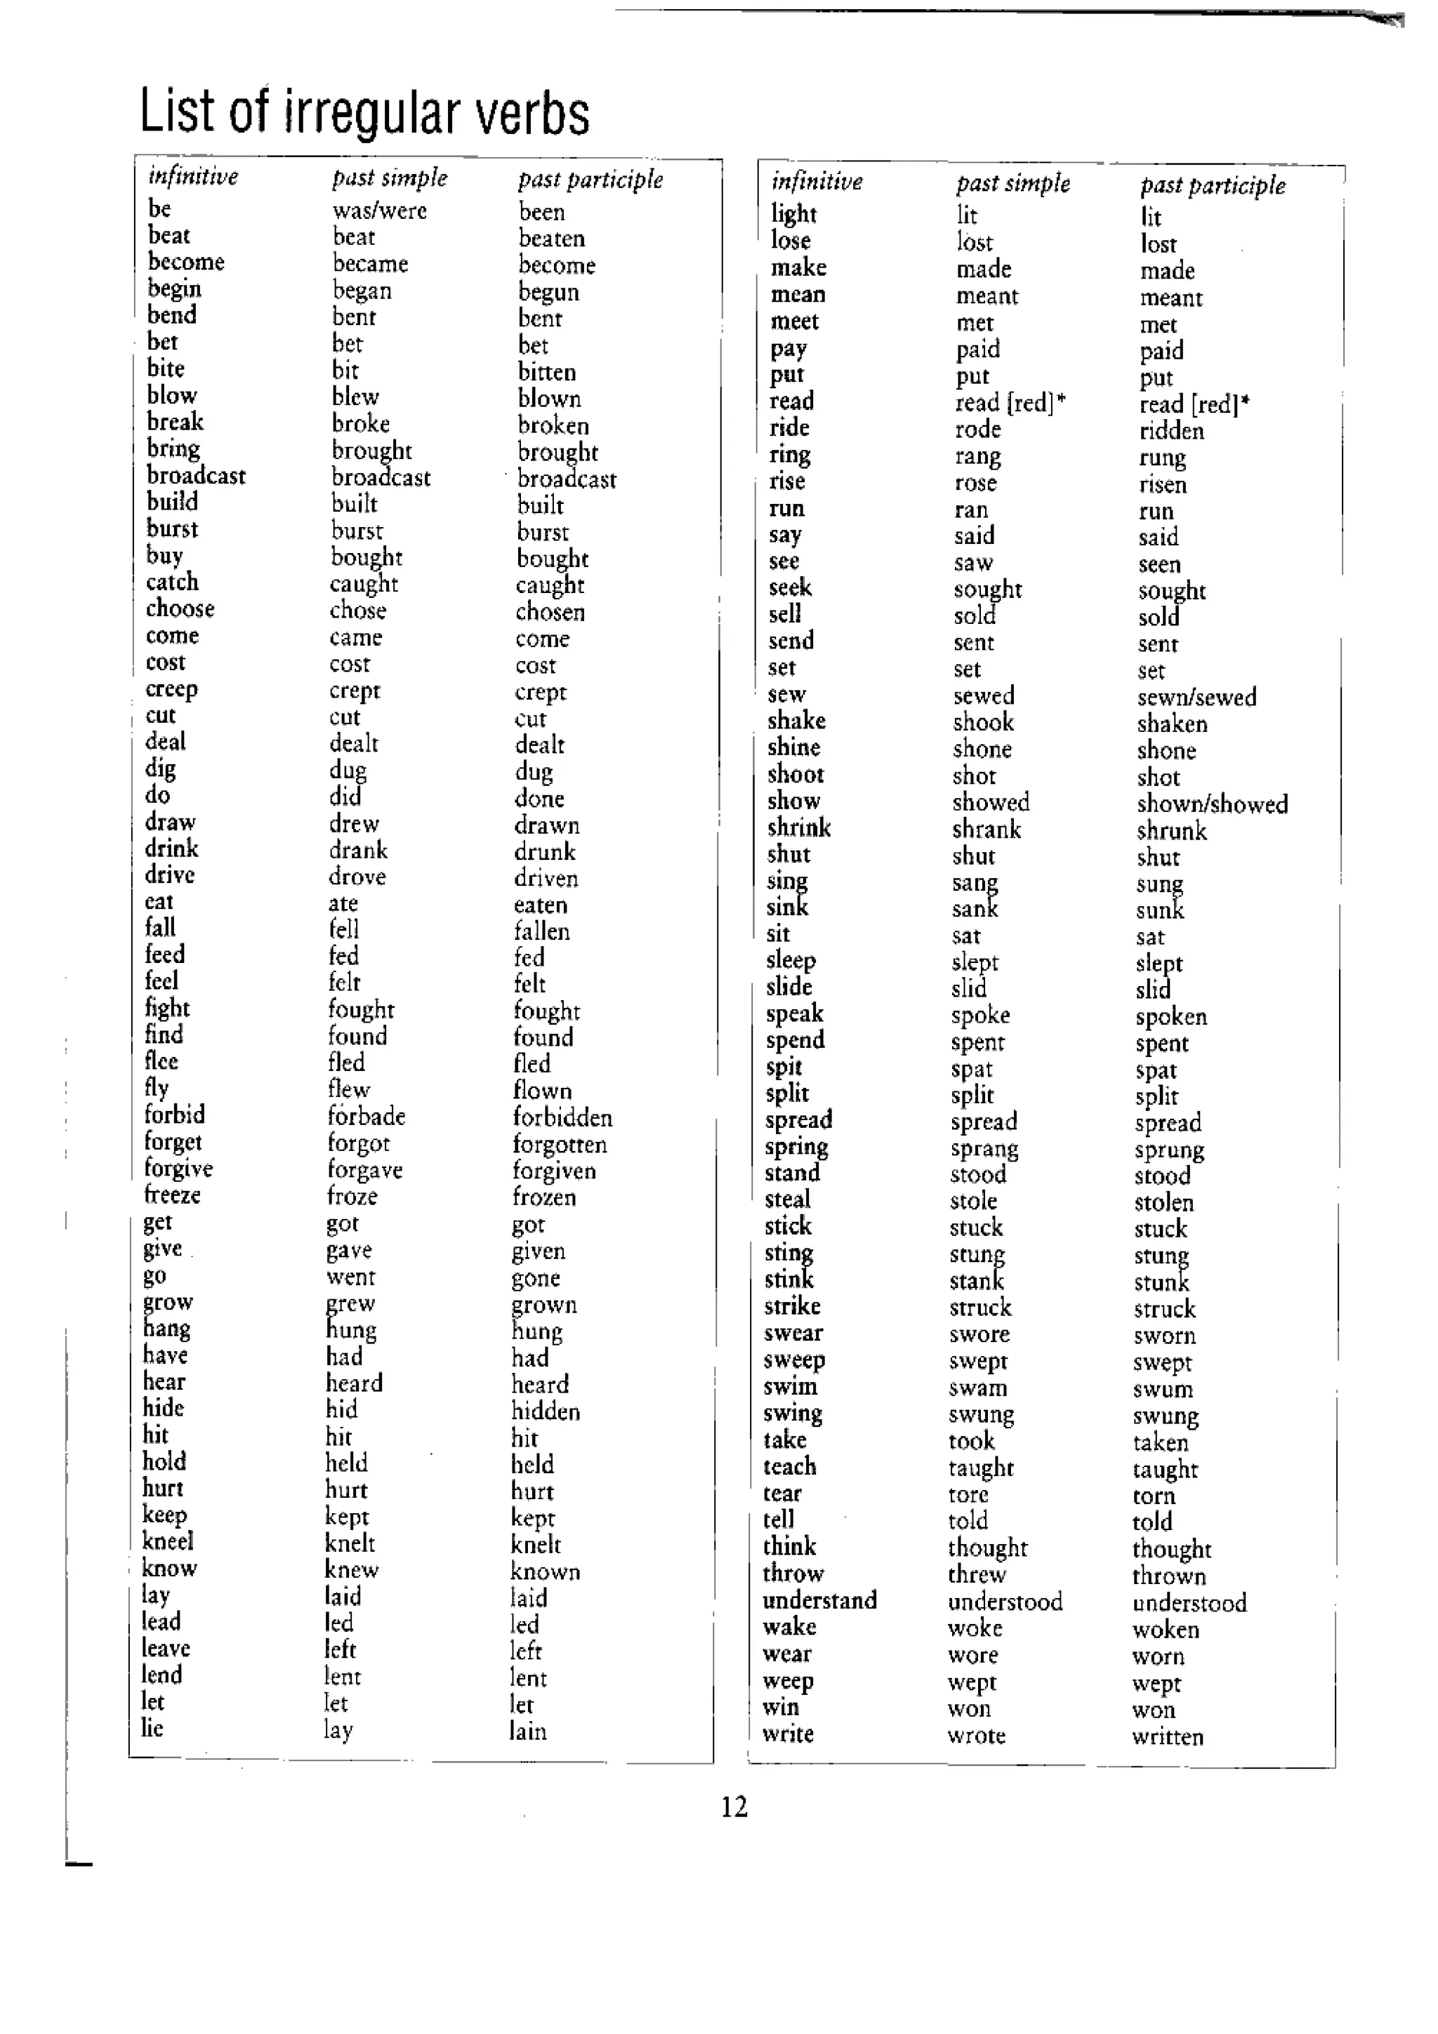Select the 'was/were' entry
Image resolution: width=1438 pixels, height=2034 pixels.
point(379,211)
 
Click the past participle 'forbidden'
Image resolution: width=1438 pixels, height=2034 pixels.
point(562,1117)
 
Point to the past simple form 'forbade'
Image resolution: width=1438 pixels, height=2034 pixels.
point(366,1116)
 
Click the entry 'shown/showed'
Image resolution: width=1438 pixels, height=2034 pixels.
point(1211,804)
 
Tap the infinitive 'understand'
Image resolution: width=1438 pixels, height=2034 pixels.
point(819,1601)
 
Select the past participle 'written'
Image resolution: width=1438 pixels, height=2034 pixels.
point(1167,1737)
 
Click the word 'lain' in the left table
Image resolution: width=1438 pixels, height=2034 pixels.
point(527,1732)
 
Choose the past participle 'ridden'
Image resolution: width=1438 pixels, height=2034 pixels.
point(1171,432)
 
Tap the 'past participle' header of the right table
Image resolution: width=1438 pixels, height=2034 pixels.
point(1212,185)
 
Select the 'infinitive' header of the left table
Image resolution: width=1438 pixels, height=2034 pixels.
point(192,176)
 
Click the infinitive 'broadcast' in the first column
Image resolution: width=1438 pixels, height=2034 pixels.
point(196,476)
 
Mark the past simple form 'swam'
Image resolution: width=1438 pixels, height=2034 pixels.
point(977,1388)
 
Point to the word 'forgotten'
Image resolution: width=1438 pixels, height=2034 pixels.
point(559,1145)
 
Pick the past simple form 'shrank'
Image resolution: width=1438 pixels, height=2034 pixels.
point(986,830)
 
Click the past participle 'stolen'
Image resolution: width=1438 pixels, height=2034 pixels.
point(1163,1203)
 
